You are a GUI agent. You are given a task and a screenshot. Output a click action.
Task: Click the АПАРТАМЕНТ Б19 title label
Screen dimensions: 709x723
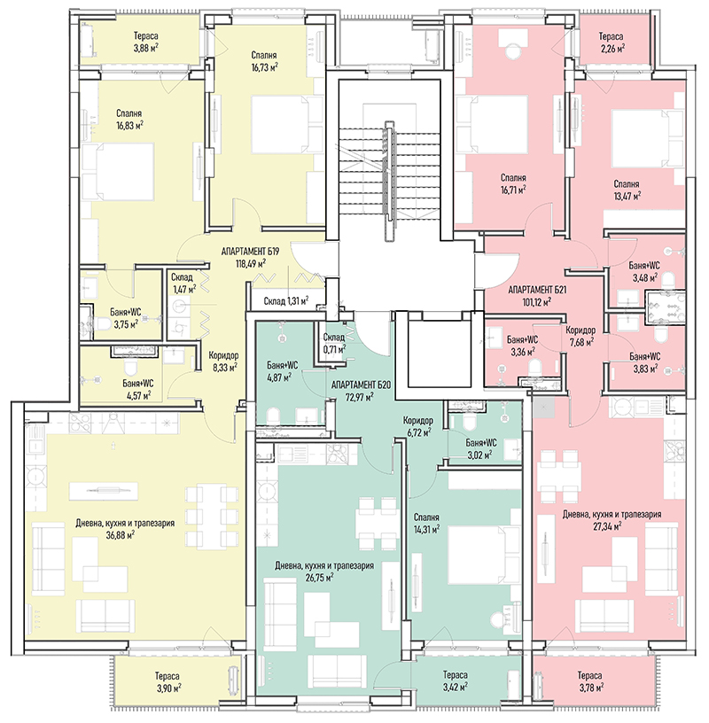pyautogui.click(x=251, y=252)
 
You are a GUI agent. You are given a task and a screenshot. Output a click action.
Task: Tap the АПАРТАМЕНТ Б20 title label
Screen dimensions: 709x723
pyautogui.click(x=362, y=385)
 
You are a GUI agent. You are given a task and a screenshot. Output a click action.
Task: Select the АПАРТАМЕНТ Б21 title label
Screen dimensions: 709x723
pyautogui.click(x=537, y=290)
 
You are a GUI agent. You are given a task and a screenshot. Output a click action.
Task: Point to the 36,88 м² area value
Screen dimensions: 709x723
pyautogui.click(x=120, y=535)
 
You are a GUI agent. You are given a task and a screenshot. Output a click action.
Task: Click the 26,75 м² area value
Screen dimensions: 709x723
pyautogui.click(x=319, y=578)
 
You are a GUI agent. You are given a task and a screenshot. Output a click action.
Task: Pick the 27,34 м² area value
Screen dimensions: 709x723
pyautogui.click(x=606, y=526)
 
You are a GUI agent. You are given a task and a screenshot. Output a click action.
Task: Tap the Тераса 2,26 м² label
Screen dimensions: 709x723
pyautogui.click(x=612, y=42)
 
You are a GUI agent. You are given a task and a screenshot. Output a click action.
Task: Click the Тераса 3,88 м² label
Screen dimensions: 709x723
pyautogui.click(x=146, y=42)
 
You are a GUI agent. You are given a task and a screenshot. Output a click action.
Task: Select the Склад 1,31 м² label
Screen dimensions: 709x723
pyautogui.click(x=286, y=301)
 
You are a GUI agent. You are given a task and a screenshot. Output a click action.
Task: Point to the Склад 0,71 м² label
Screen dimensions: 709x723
pyautogui.click(x=334, y=343)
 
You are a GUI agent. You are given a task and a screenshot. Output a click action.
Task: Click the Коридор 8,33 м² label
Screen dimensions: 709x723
pyautogui.click(x=223, y=361)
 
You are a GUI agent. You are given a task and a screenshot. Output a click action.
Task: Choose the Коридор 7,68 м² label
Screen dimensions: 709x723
pyautogui.click(x=580, y=336)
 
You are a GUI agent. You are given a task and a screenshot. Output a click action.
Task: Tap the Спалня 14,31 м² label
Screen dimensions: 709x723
pyautogui.click(x=426, y=523)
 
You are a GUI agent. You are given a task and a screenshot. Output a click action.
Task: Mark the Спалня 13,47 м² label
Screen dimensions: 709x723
pyautogui.click(x=627, y=190)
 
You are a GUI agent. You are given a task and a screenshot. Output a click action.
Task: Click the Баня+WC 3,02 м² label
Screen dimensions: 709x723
pyautogui.click(x=481, y=448)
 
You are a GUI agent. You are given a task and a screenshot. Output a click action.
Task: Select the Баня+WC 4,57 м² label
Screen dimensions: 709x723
pyautogui.click(x=138, y=389)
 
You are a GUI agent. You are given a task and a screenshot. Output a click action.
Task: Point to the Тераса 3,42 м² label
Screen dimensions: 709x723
pyautogui.click(x=456, y=681)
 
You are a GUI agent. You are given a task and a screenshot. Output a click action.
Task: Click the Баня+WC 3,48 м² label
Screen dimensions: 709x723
pyautogui.click(x=644, y=271)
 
